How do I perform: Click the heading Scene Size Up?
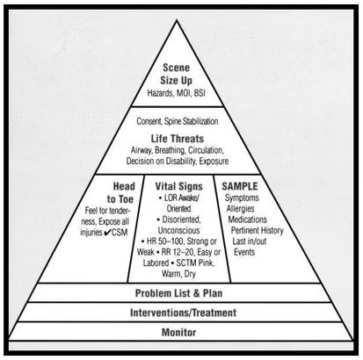[x=177, y=74]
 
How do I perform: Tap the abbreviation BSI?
[x=200, y=93]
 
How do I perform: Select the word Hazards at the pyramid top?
[x=160, y=93]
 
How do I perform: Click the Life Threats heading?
[x=178, y=139]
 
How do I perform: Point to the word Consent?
[x=149, y=121]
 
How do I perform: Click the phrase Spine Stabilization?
[x=191, y=121]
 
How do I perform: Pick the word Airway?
[x=142, y=150]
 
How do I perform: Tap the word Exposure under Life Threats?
[x=214, y=161]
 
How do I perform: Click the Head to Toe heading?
[x=120, y=192]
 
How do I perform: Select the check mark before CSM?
[x=107, y=233]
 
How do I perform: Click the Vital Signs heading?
[x=178, y=186]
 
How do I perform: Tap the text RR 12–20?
[x=178, y=252]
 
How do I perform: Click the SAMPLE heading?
[x=240, y=186]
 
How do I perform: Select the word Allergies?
[x=240, y=209]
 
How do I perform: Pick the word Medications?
[x=248, y=220]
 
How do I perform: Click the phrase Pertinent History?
[x=258, y=231]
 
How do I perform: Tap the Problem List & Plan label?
[x=178, y=293]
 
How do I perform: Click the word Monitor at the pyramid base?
[x=178, y=333]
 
